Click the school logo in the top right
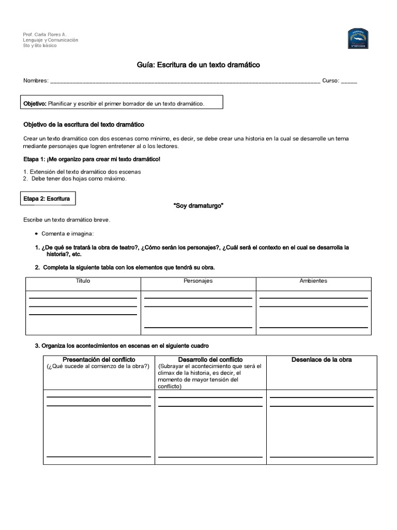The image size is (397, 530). click(358, 39)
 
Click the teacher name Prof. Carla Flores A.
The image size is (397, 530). click(45, 34)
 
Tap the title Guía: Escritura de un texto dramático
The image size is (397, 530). click(198, 65)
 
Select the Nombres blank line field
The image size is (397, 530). click(185, 81)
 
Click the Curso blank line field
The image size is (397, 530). click(349, 81)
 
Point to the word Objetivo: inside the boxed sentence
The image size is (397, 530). click(35, 104)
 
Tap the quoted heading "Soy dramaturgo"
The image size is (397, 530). click(198, 205)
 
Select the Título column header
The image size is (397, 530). click(83, 281)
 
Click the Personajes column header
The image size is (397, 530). click(198, 281)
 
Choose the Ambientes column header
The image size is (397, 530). click(313, 281)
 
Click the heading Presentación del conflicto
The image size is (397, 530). click(99, 359)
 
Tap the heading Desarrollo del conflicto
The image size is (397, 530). click(210, 359)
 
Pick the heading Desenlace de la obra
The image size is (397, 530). click(322, 359)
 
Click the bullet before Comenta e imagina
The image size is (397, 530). click(36, 234)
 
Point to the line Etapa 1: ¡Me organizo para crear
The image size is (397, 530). click(92, 159)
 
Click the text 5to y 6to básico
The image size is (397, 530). click(40, 46)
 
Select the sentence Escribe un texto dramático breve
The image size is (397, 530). click(67, 220)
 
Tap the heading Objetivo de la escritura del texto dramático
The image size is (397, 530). click(84, 125)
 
